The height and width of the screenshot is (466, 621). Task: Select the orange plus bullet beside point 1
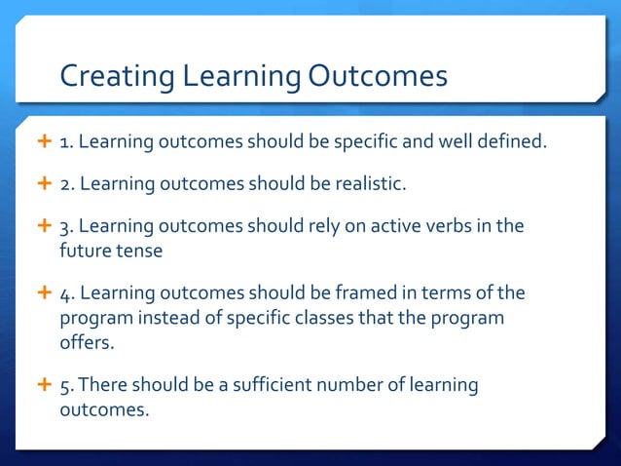(43, 143)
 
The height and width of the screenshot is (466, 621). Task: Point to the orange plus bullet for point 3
(43, 226)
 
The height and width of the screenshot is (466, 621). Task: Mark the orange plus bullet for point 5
(43, 385)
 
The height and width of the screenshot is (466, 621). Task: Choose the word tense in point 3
(139, 250)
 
